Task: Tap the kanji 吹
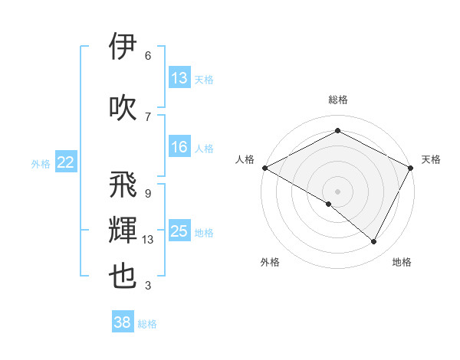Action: click(x=123, y=106)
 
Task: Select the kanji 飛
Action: click(x=123, y=184)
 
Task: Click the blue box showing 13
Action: click(x=179, y=78)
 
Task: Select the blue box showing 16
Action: click(x=179, y=147)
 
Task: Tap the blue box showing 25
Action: click(x=179, y=231)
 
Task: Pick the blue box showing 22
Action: click(x=66, y=162)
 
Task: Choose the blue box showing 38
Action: click(x=123, y=322)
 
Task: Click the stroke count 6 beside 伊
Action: click(x=148, y=56)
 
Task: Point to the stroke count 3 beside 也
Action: click(x=148, y=286)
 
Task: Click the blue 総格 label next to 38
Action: click(x=148, y=324)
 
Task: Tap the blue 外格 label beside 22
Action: click(x=41, y=163)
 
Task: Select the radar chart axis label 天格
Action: click(x=431, y=159)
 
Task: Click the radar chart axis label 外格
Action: click(x=270, y=262)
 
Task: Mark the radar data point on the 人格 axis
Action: click(x=264, y=168)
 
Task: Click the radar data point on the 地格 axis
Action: click(x=374, y=242)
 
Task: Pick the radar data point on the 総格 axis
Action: click(x=337, y=131)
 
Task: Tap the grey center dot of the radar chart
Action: click(x=337, y=190)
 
